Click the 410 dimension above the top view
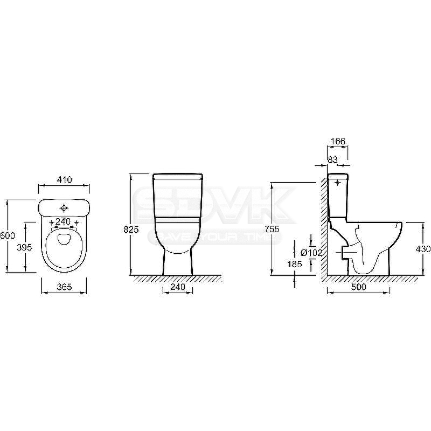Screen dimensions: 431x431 (x=65, y=180)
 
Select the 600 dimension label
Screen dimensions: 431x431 (x=8, y=235)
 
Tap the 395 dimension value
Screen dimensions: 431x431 (x=24, y=247)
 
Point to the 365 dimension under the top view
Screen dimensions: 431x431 (x=64, y=287)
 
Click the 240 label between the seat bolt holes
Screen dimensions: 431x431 (x=63, y=221)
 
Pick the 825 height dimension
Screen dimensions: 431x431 (x=131, y=230)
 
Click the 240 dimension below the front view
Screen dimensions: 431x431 (x=178, y=287)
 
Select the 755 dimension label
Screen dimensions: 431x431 (x=272, y=229)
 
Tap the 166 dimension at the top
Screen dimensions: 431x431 (x=338, y=141)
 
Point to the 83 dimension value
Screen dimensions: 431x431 (x=332, y=159)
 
